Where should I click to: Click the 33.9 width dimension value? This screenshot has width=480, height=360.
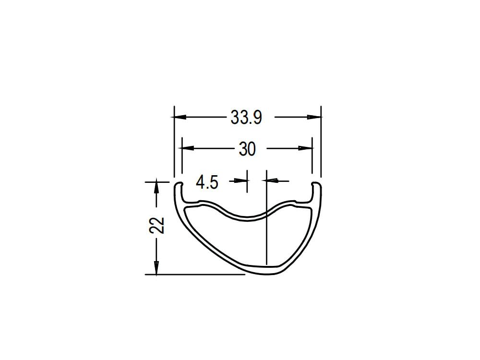[x=246, y=117]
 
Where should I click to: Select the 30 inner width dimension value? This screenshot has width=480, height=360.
[x=247, y=149]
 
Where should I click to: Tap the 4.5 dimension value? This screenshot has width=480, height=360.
[x=207, y=182]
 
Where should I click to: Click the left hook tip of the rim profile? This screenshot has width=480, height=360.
[x=178, y=184]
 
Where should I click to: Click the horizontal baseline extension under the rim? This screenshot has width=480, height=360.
[x=192, y=275]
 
